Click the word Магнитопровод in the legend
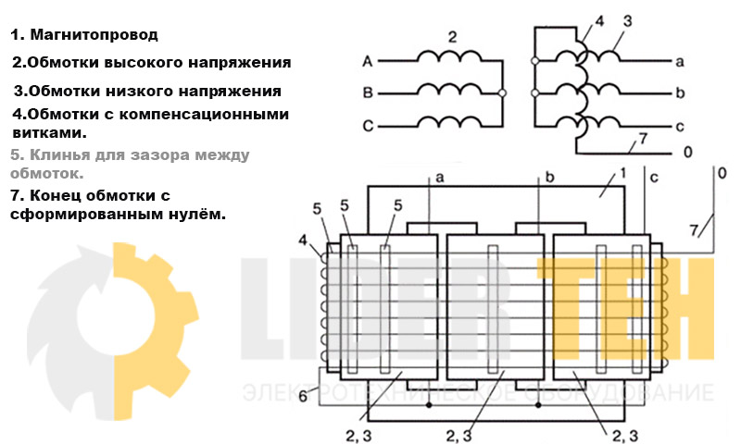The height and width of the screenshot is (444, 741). coord(94,34)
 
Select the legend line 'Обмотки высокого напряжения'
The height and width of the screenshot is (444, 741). coord(151,63)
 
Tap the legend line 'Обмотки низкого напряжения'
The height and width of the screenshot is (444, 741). coord(147,91)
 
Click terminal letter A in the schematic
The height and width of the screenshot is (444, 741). coord(368,61)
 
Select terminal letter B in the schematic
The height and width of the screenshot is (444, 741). coord(368,92)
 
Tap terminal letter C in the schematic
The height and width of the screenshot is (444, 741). coord(368,126)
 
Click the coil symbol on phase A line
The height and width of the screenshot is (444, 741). coord(449,55)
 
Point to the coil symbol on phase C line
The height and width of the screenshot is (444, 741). coord(449,121)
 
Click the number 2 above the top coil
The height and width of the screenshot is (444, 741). coord(452,37)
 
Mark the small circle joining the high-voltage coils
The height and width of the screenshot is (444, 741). coord(502,92)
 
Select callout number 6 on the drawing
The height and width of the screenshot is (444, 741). coord(303,396)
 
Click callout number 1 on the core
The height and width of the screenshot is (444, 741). coord(622,174)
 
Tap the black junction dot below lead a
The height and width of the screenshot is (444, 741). coord(429,405)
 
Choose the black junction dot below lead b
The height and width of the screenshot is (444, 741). coord(538,405)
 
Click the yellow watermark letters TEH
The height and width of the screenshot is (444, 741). coord(626,309)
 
